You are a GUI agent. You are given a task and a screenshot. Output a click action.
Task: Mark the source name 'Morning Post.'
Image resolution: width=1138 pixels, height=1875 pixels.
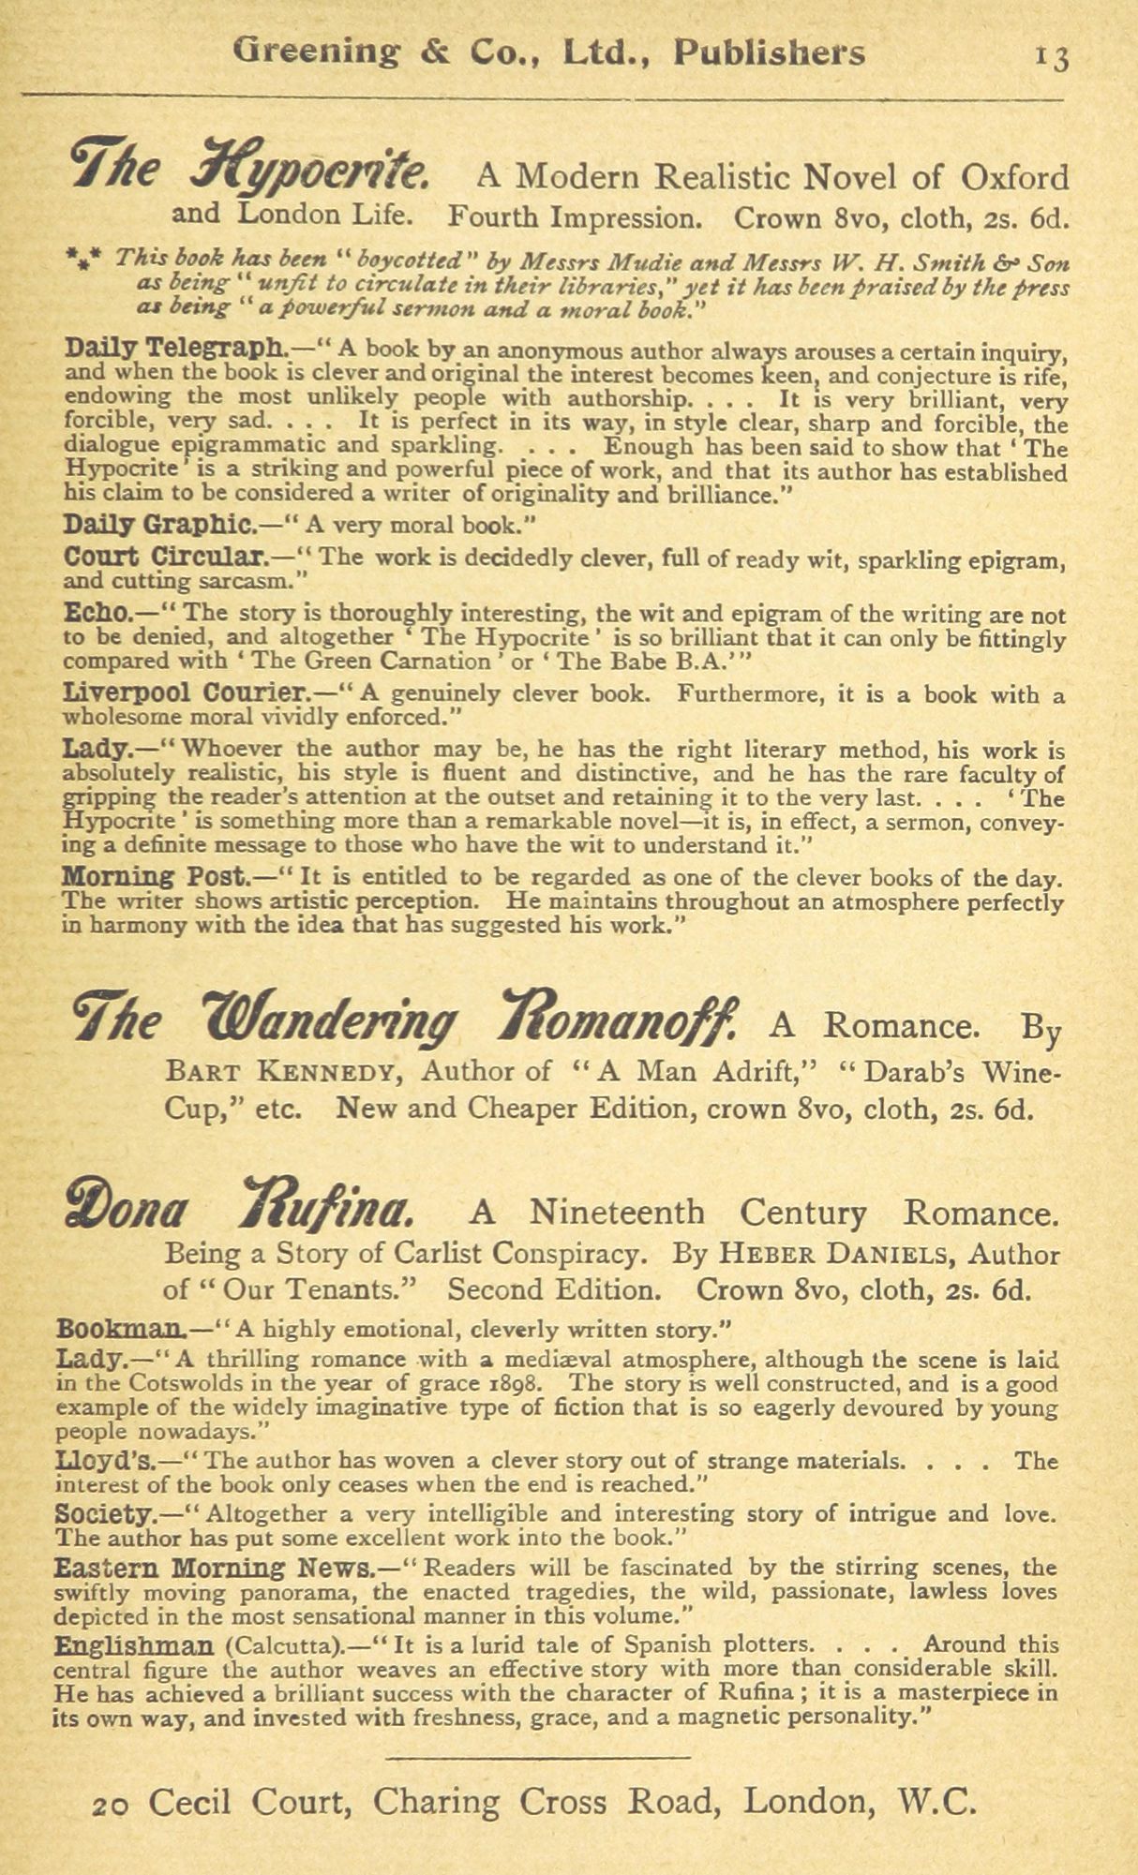tap(155, 878)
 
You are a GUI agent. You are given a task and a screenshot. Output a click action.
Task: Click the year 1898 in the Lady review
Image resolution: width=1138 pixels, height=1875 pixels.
tap(527, 1384)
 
